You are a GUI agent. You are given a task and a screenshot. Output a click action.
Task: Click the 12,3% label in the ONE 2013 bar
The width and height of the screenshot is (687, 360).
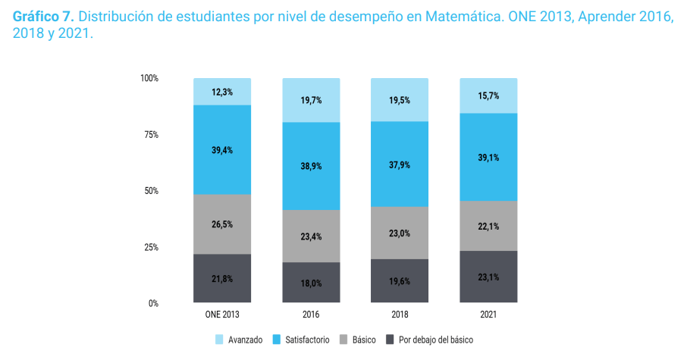pyautogui.click(x=222, y=92)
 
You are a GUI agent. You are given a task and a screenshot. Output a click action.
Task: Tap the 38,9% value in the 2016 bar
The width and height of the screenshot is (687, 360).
pyautogui.click(x=311, y=166)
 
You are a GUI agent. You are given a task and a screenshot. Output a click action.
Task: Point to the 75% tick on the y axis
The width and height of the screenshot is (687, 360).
pyautogui.click(x=149, y=135)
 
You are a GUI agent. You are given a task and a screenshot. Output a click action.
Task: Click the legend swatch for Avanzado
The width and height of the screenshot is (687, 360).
pyautogui.click(x=220, y=340)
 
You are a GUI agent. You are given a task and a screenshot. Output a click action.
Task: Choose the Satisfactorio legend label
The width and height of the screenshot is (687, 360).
pyautogui.click(x=308, y=340)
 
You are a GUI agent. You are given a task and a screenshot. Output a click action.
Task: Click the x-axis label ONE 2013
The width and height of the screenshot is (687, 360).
pyautogui.click(x=222, y=315)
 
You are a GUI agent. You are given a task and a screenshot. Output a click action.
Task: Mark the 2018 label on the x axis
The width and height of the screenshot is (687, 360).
pyautogui.click(x=400, y=315)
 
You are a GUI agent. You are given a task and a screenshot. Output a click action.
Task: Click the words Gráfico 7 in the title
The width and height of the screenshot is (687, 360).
pyautogui.click(x=43, y=18)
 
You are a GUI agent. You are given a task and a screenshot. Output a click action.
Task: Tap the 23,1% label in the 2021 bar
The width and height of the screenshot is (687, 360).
pyautogui.click(x=488, y=277)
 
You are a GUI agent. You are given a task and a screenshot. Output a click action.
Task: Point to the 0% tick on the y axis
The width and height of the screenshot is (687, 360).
pyautogui.click(x=153, y=303)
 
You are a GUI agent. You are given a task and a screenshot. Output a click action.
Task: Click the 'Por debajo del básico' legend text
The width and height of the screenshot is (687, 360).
pyautogui.click(x=435, y=340)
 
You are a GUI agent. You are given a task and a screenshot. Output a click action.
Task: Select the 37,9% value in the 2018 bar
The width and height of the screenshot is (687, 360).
pyautogui.click(x=400, y=164)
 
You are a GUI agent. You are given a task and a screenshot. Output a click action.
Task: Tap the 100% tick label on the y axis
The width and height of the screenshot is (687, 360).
pyautogui.click(x=149, y=79)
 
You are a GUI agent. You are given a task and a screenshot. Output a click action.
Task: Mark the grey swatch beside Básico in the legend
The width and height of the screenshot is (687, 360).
pyautogui.click(x=344, y=340)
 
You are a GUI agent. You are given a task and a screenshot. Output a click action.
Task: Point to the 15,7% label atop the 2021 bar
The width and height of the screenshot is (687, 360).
pyautogui.click(x=488, y=95)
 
